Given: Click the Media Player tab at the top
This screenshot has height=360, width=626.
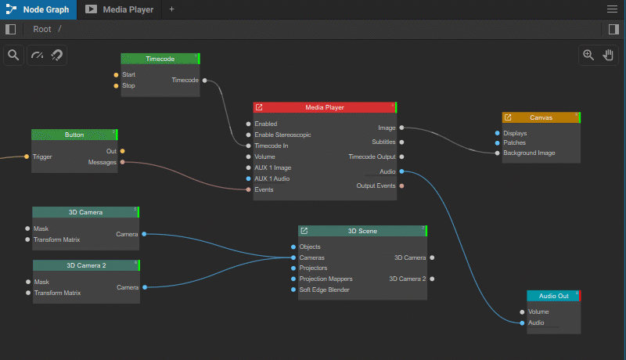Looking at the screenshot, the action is [120, 9].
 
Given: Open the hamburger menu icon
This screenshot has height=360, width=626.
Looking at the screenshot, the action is [612, 9].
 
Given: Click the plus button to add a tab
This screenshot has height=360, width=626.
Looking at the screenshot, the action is [171, 9].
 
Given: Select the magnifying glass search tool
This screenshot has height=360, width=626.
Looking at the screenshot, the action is [13, 55].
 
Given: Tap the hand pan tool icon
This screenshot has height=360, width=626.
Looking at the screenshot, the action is [608, 55].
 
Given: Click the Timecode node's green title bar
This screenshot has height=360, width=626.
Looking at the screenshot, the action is [160, 59].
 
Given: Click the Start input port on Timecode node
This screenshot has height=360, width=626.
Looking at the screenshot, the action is [116, 74].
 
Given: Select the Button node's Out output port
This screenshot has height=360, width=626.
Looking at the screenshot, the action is [123, 151].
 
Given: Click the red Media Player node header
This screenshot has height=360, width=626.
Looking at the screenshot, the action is [325, 107].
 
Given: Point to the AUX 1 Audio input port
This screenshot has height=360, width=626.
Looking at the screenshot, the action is [248, 178].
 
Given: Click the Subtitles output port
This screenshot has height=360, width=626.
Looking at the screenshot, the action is [401, 142].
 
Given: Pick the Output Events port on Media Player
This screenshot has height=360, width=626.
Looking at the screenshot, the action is [401, 185].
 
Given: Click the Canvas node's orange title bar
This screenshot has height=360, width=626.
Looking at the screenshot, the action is [541, 117].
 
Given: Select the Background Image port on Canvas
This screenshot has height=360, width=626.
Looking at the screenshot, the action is [497, 153].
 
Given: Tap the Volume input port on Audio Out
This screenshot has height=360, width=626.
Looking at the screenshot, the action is [522, 311].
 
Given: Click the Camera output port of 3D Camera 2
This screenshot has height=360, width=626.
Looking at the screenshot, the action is [145, 287].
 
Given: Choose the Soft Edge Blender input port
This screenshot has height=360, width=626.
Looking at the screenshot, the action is [293, 290].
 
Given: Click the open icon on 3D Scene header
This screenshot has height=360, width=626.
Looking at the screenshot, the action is [304, 231].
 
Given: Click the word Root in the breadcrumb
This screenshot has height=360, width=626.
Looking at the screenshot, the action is [42, 29].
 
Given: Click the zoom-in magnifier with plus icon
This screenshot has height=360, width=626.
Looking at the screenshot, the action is [588, 55].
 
